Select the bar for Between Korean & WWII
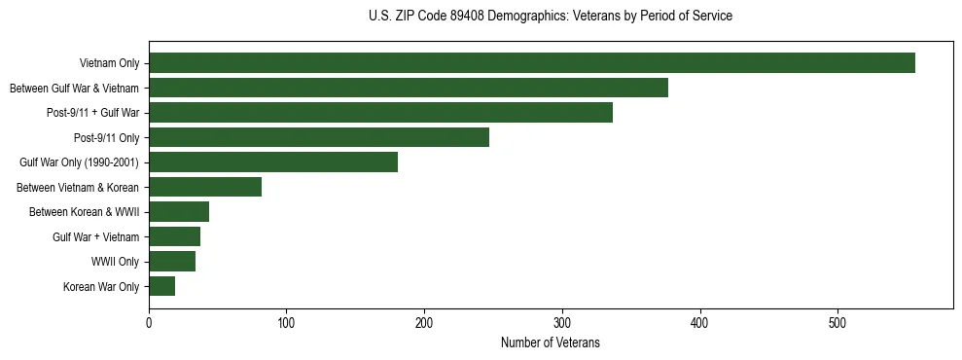pyautogui.click(x=178, y=212)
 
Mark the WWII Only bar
pyautogui.click(x=171, y=261)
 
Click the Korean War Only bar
pyautogui.click(x=161, y=286)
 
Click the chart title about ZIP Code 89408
pyautogui.click(x=551, y=17)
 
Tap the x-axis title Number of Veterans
pyautogui.click(x=551, y=343)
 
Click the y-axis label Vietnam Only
pyautogui.click(x=109, y=63)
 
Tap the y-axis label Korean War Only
pyautogui.click(x=101, y=286)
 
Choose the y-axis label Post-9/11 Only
pyautogui.click(x=107, y=137)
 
